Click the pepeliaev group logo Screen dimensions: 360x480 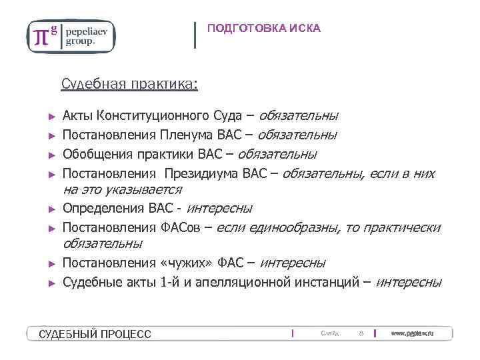coord(70,36)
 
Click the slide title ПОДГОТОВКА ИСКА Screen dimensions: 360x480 coord(263,28)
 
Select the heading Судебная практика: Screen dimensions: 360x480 coord(129,84)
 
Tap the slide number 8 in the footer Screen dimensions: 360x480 coord(361,333)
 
